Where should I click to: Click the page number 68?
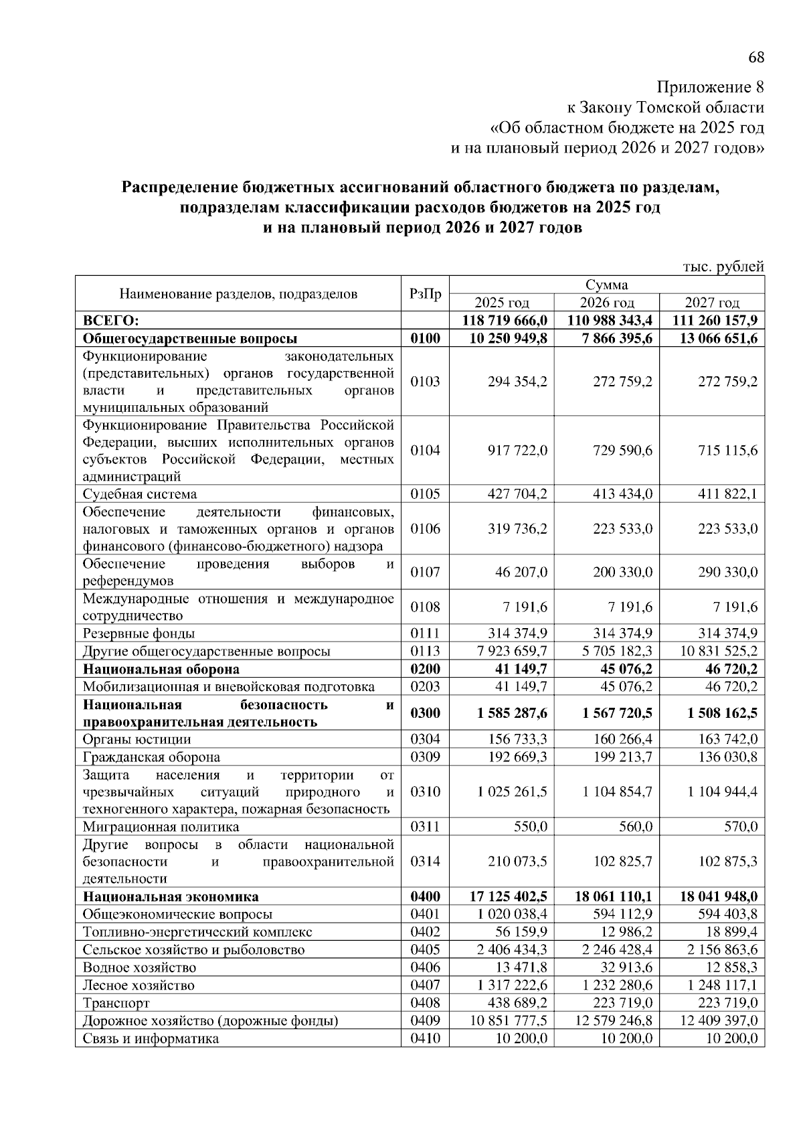click(755, 58)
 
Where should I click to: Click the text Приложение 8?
click(710, 87)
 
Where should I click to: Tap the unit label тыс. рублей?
click(723, 267)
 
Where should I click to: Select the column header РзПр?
click(425, 293)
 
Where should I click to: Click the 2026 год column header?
click(606, 303)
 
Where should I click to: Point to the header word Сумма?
click(606, 285)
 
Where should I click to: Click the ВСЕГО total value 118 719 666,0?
click(505, 320)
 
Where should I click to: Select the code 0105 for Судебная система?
click(425, 494)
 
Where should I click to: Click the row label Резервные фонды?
click(139, 633)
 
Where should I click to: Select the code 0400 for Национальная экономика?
click(425, 897)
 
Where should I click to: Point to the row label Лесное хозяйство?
click(139, 985)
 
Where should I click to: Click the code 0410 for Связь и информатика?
click(425, 1039)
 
